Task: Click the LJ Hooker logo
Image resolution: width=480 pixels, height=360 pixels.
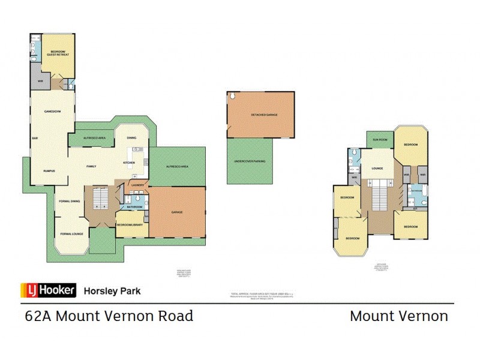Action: (x=49, y=290)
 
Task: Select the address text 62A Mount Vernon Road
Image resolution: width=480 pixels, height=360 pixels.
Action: (x=109, y=316)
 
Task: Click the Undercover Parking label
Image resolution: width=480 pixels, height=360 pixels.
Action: (x=250, y=161)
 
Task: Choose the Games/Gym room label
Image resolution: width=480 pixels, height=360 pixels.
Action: (x=50, y=112)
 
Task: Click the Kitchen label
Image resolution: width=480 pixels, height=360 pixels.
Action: (x=128, y=163)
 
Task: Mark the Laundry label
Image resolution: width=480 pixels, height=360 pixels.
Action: (x=138, y=185)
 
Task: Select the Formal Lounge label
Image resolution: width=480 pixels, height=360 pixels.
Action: (x=71, y=233)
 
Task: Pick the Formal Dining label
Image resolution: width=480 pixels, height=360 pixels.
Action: (x=71, y=201)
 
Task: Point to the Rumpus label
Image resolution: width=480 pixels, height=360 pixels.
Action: (x=49, y=171)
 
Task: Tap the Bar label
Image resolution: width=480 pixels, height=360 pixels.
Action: (x=35, y=138)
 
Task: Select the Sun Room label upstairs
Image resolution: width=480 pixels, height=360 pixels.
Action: (x=379, y=139)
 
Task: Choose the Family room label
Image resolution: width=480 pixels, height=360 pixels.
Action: (x=92, y=166)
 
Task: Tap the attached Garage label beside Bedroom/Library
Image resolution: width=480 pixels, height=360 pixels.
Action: (x=177, y=212)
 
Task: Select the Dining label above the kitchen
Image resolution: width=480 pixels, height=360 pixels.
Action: (x=131, y=139)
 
